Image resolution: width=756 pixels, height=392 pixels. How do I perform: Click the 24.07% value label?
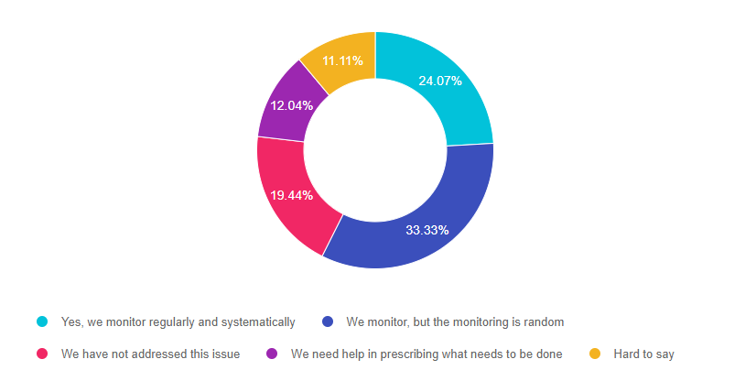441,81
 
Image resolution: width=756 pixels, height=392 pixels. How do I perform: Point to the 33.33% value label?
427,230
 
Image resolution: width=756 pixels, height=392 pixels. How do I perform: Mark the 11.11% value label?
342,61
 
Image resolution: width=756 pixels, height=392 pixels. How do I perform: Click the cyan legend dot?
42,321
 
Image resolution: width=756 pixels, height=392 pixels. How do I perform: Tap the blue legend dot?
328,321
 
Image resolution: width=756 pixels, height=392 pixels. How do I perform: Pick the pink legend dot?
42,354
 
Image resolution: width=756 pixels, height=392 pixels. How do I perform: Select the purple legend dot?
272,354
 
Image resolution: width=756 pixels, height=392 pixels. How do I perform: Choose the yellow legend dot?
595,354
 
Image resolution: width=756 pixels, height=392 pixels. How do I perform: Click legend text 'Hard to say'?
643,354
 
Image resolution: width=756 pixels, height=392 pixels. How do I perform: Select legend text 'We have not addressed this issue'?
150,354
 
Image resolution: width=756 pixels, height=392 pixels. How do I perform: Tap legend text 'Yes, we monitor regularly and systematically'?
178,321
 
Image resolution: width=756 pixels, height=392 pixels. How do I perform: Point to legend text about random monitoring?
455,321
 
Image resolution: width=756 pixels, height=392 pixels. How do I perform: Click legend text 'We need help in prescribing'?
427,354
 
